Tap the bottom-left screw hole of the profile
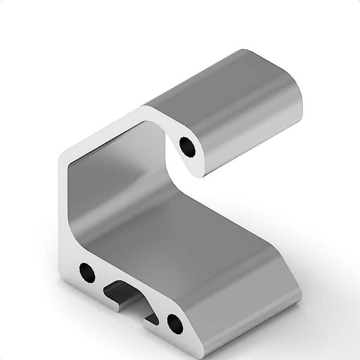pos(86,272)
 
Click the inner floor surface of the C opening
pos(189,225)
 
